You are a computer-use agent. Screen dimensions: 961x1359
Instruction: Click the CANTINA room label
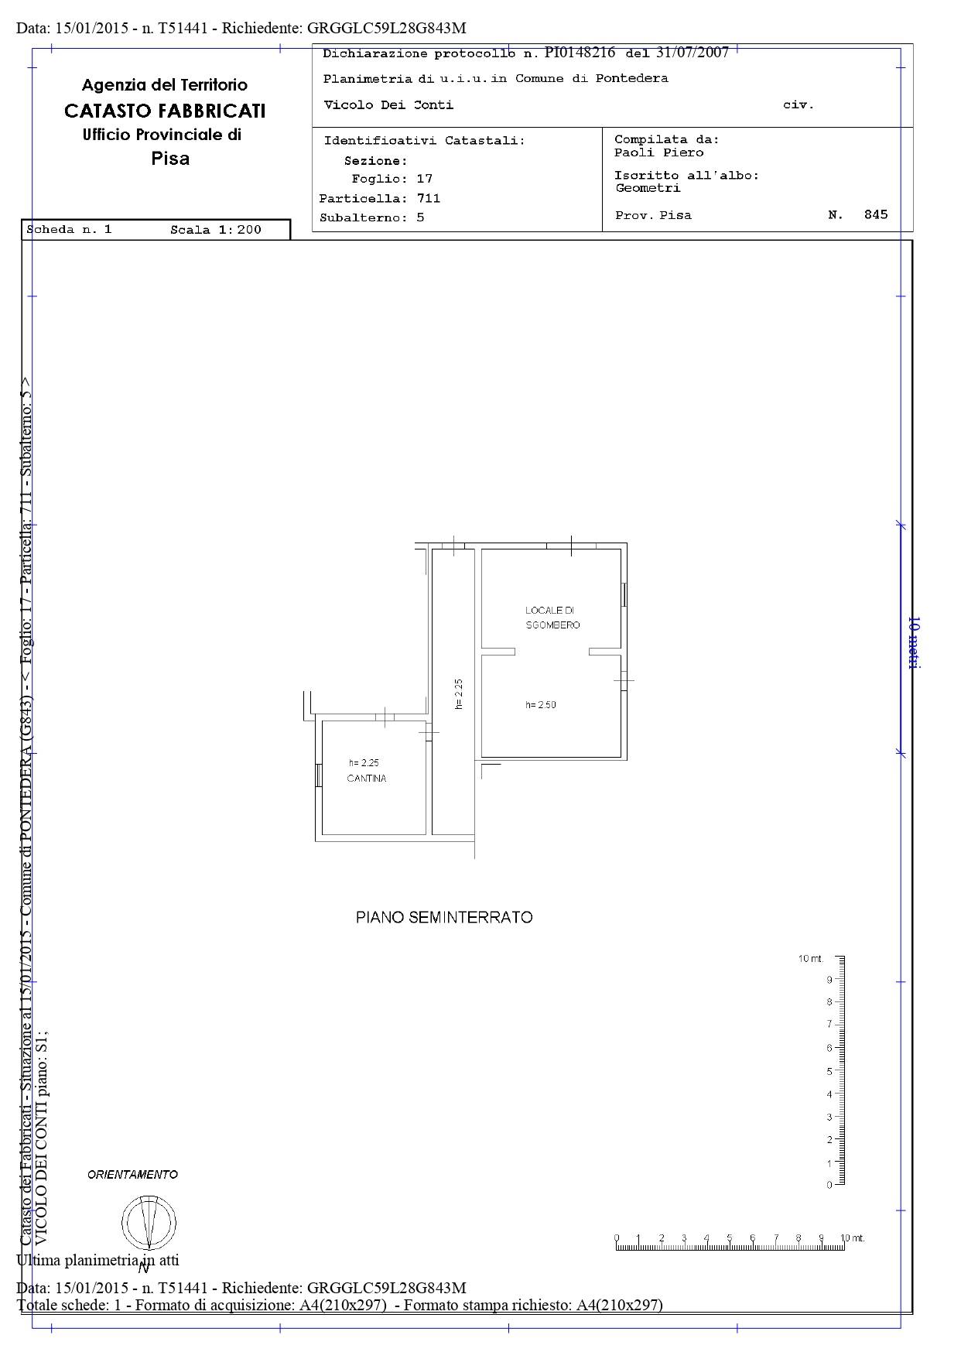click(367, 779)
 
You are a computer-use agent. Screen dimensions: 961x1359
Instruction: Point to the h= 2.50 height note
click(541, 705)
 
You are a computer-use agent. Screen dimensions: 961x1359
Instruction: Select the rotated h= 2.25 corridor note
click(458, 694)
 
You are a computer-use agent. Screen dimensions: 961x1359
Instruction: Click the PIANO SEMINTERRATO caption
click(444, 917)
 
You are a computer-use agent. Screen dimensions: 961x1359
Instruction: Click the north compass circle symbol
click(149, 1222)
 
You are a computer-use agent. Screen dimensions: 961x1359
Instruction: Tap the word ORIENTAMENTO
click(132, 1174)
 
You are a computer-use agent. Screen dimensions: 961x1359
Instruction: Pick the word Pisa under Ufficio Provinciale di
click(170, 159)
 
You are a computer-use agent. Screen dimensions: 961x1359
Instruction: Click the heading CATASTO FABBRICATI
click(165, 111)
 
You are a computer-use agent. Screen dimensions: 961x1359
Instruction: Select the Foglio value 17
click(424, 179)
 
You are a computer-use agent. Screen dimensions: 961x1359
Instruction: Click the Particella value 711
click(428, 198)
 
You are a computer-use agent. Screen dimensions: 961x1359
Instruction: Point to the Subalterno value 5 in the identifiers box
click(420, 217)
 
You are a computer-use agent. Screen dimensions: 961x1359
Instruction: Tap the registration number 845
click(876, 214)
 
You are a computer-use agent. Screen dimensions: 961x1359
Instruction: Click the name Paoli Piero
click(659, 152)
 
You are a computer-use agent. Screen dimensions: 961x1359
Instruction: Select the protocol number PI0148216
click(580, 53)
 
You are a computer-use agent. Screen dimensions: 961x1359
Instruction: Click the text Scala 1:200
click(216, 229)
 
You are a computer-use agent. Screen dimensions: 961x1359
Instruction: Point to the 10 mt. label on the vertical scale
click(810, 959)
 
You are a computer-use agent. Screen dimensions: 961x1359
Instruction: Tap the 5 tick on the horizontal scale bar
click(729, 1237)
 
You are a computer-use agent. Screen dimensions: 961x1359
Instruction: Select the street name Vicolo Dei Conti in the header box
click(388, 105)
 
